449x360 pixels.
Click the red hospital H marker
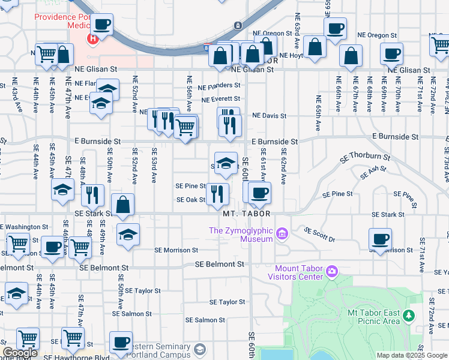point(93,40)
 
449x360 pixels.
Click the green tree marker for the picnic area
point(409,315)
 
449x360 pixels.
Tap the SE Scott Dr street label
point(318,234)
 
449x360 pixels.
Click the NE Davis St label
point(270,115)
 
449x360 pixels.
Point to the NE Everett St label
point(221,99)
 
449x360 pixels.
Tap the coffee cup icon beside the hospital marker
point(103,25)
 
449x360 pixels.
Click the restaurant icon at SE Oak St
point(217,193)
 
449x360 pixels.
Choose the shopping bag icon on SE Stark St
point(122,205)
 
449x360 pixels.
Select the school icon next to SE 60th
point(226,163)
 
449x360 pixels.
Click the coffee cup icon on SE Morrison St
point(381,239)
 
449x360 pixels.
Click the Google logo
point(20,353)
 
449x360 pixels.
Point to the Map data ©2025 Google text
point(412,355)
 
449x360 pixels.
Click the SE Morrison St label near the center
point(176,250)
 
